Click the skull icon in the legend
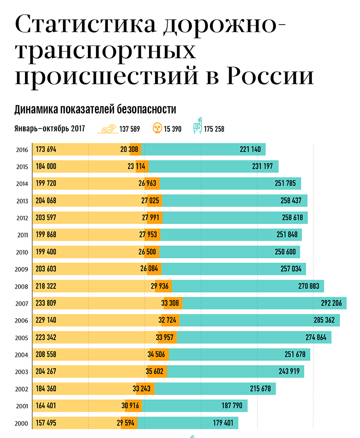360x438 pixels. click(157, 128)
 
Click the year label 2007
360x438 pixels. click(22, 304)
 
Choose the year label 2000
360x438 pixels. click(22, 423)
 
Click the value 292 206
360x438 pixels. click(331, 303)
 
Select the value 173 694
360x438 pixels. click(46, 150)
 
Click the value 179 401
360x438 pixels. click(223, 423)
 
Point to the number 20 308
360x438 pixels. click(129, 150)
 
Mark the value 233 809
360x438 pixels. click(46, 303)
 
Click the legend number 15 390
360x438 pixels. click(173, 129)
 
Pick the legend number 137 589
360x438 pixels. click(130, 129)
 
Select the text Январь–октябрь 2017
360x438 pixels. click(50, 129)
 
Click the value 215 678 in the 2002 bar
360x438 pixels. click(260, 389)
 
